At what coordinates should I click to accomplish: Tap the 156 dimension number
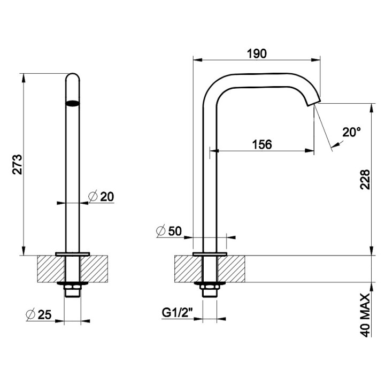[261, 144]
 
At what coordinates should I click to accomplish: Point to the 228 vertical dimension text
[364, 181]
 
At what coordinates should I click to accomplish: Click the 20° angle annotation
[351, 132]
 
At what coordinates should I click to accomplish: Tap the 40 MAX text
[365, 315]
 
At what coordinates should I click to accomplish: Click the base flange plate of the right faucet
[209, 253]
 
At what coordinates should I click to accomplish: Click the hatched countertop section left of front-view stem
[49, 269]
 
